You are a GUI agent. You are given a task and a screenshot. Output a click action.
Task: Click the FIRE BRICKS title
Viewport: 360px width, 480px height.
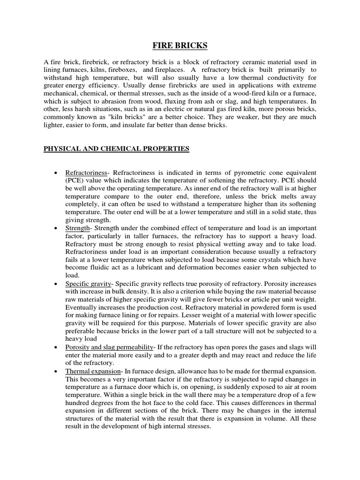click(x=180, y=45)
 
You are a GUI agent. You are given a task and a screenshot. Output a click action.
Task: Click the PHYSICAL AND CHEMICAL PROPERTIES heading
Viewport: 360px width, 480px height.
click(x=116, y=149)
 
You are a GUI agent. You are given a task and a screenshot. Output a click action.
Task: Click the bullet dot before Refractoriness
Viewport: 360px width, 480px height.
click(x=56, y=172)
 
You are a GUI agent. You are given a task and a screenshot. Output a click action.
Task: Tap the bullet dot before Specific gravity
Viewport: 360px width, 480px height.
click(x=56, y=284)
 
